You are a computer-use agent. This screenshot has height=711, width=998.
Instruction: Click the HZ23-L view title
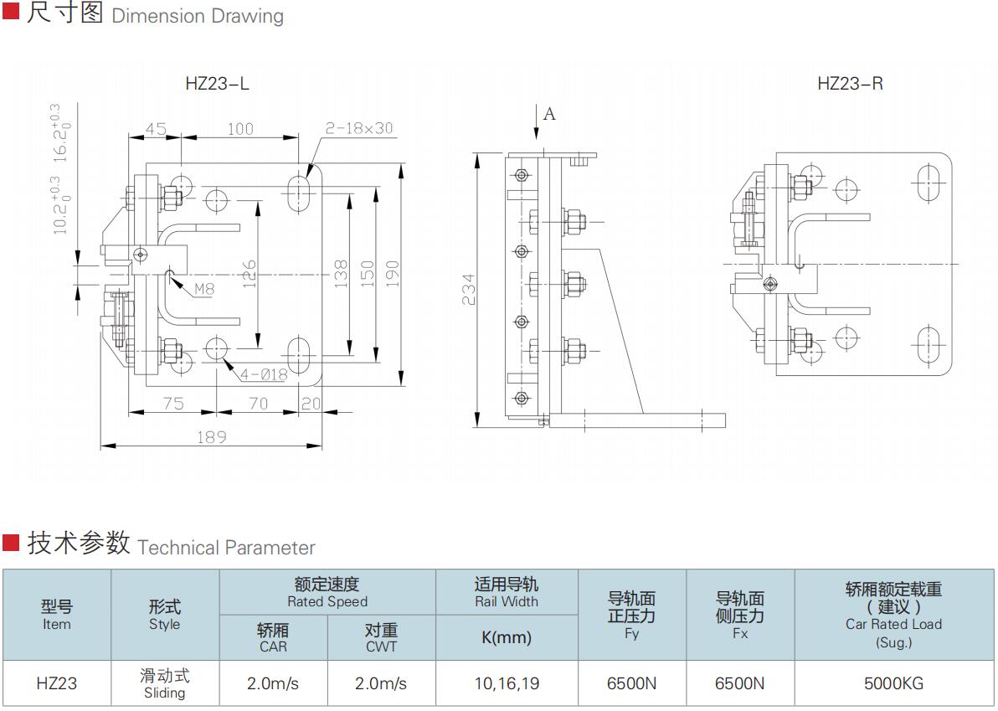click(x=217, y=84)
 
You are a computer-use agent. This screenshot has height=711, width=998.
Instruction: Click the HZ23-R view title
click(x=850, y=84)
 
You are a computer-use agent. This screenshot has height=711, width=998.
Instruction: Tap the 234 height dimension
click(x=469, y=289)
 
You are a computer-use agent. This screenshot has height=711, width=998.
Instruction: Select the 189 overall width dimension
click(x=211, y=436)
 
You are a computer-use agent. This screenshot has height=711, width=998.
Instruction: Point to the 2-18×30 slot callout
click(x=358, y=128)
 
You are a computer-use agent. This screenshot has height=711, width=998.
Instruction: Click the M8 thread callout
click(x=204, y=290)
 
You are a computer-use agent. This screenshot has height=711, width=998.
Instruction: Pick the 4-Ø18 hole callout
click(x=263, y=374)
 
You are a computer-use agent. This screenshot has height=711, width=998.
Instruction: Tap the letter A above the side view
click(x=549, y=114)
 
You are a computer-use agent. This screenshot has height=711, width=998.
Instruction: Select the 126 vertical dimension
click(x=249, y=275)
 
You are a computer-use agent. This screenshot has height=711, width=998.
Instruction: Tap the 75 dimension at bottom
click(x=172, y=404)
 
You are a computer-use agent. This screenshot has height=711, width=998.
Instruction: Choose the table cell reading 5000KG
click(x=893, y=683)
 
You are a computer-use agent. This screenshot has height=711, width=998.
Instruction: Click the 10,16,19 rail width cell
click(x=507, y=683)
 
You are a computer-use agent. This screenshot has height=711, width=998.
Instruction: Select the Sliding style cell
click(x=164, y=683)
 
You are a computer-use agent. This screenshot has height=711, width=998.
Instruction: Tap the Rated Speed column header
click(x=327, y=592)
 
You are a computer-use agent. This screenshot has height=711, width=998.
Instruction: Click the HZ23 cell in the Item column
click(x=57, y=683)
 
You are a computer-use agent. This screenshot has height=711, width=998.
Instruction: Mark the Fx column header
click(x=740, y=616)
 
